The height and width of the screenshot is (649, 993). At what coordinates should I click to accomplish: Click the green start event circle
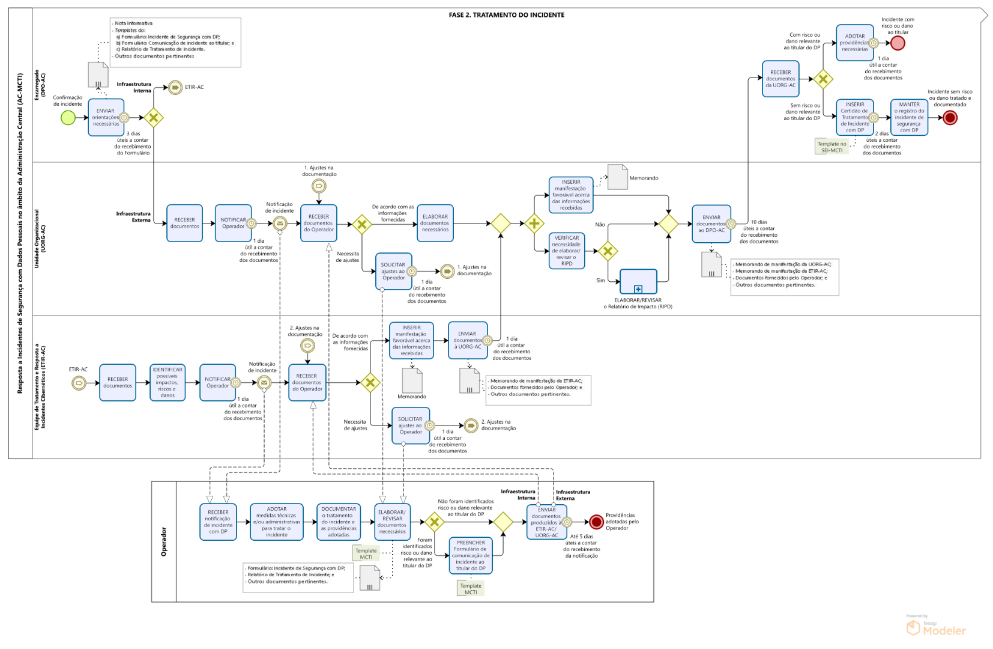click(68, 118)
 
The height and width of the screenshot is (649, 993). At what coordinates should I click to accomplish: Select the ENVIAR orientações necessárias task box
click(106, 118)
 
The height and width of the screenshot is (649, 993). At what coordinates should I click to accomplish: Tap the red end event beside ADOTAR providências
click(898, 43)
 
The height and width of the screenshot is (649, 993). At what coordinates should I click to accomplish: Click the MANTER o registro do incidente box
click(909, 117)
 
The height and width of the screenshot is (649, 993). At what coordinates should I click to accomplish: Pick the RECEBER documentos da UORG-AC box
click(780, 79)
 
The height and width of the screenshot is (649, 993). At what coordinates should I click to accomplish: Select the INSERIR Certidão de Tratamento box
click(854, 117)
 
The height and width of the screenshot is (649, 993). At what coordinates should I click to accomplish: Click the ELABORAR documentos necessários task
click(435, 223)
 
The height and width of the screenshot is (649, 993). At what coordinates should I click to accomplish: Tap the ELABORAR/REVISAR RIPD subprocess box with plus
click(638, 281)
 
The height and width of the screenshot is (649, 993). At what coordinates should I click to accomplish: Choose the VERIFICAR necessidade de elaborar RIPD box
click(567, 251)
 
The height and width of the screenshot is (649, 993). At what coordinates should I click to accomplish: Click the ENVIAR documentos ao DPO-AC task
click(711, 224)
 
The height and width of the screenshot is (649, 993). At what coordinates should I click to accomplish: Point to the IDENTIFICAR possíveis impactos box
click(168, 382)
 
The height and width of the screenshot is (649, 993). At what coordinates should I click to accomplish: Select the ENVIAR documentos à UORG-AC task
click(467, 340)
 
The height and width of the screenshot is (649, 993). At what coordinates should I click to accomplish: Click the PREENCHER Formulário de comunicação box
click(471, 555)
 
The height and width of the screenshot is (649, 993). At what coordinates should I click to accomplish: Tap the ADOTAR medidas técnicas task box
click(277, 522)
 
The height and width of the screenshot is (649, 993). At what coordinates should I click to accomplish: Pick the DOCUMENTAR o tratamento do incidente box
click(339, 522)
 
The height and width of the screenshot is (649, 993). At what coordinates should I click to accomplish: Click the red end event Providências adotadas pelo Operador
click(596, 522)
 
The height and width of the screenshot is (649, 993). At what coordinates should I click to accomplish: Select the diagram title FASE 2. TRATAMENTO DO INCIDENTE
click(506, 15)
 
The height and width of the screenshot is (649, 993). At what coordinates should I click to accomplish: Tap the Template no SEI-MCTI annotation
click(832, 147)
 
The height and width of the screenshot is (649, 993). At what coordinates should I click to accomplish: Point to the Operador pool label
click(164, 541)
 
